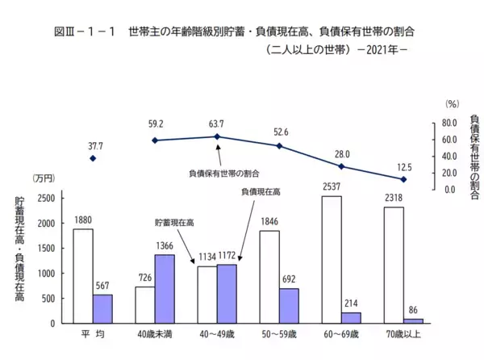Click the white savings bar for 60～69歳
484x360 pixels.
[331, 259]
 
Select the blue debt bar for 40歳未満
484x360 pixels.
[165, 289]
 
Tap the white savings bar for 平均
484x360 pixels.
[82, 276]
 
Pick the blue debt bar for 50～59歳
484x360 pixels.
[289, 306]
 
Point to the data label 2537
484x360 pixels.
[331, 187]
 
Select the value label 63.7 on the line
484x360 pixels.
[216, 124]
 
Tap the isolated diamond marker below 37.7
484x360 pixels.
[93, 158]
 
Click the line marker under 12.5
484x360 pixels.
[404, 178]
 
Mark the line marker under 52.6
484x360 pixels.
[279, 146]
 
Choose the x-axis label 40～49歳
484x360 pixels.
[217, 333]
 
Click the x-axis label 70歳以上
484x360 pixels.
[403, 333]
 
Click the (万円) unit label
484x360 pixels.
[43, 178]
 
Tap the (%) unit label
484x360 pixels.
[451, 104]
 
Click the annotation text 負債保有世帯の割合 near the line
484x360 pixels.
[224, 174]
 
